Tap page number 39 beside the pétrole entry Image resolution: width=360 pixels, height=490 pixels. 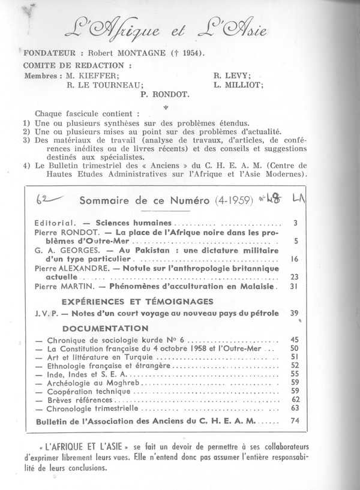pyautogui.click(x=293, y=314)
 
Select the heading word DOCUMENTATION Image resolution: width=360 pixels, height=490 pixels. pyautogui.click(x=105, y=328)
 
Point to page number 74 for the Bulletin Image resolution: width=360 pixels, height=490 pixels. pyautogui.click(x=293, y=420)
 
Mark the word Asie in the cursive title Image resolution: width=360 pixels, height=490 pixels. pyautogui.click(x=239, y=27)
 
